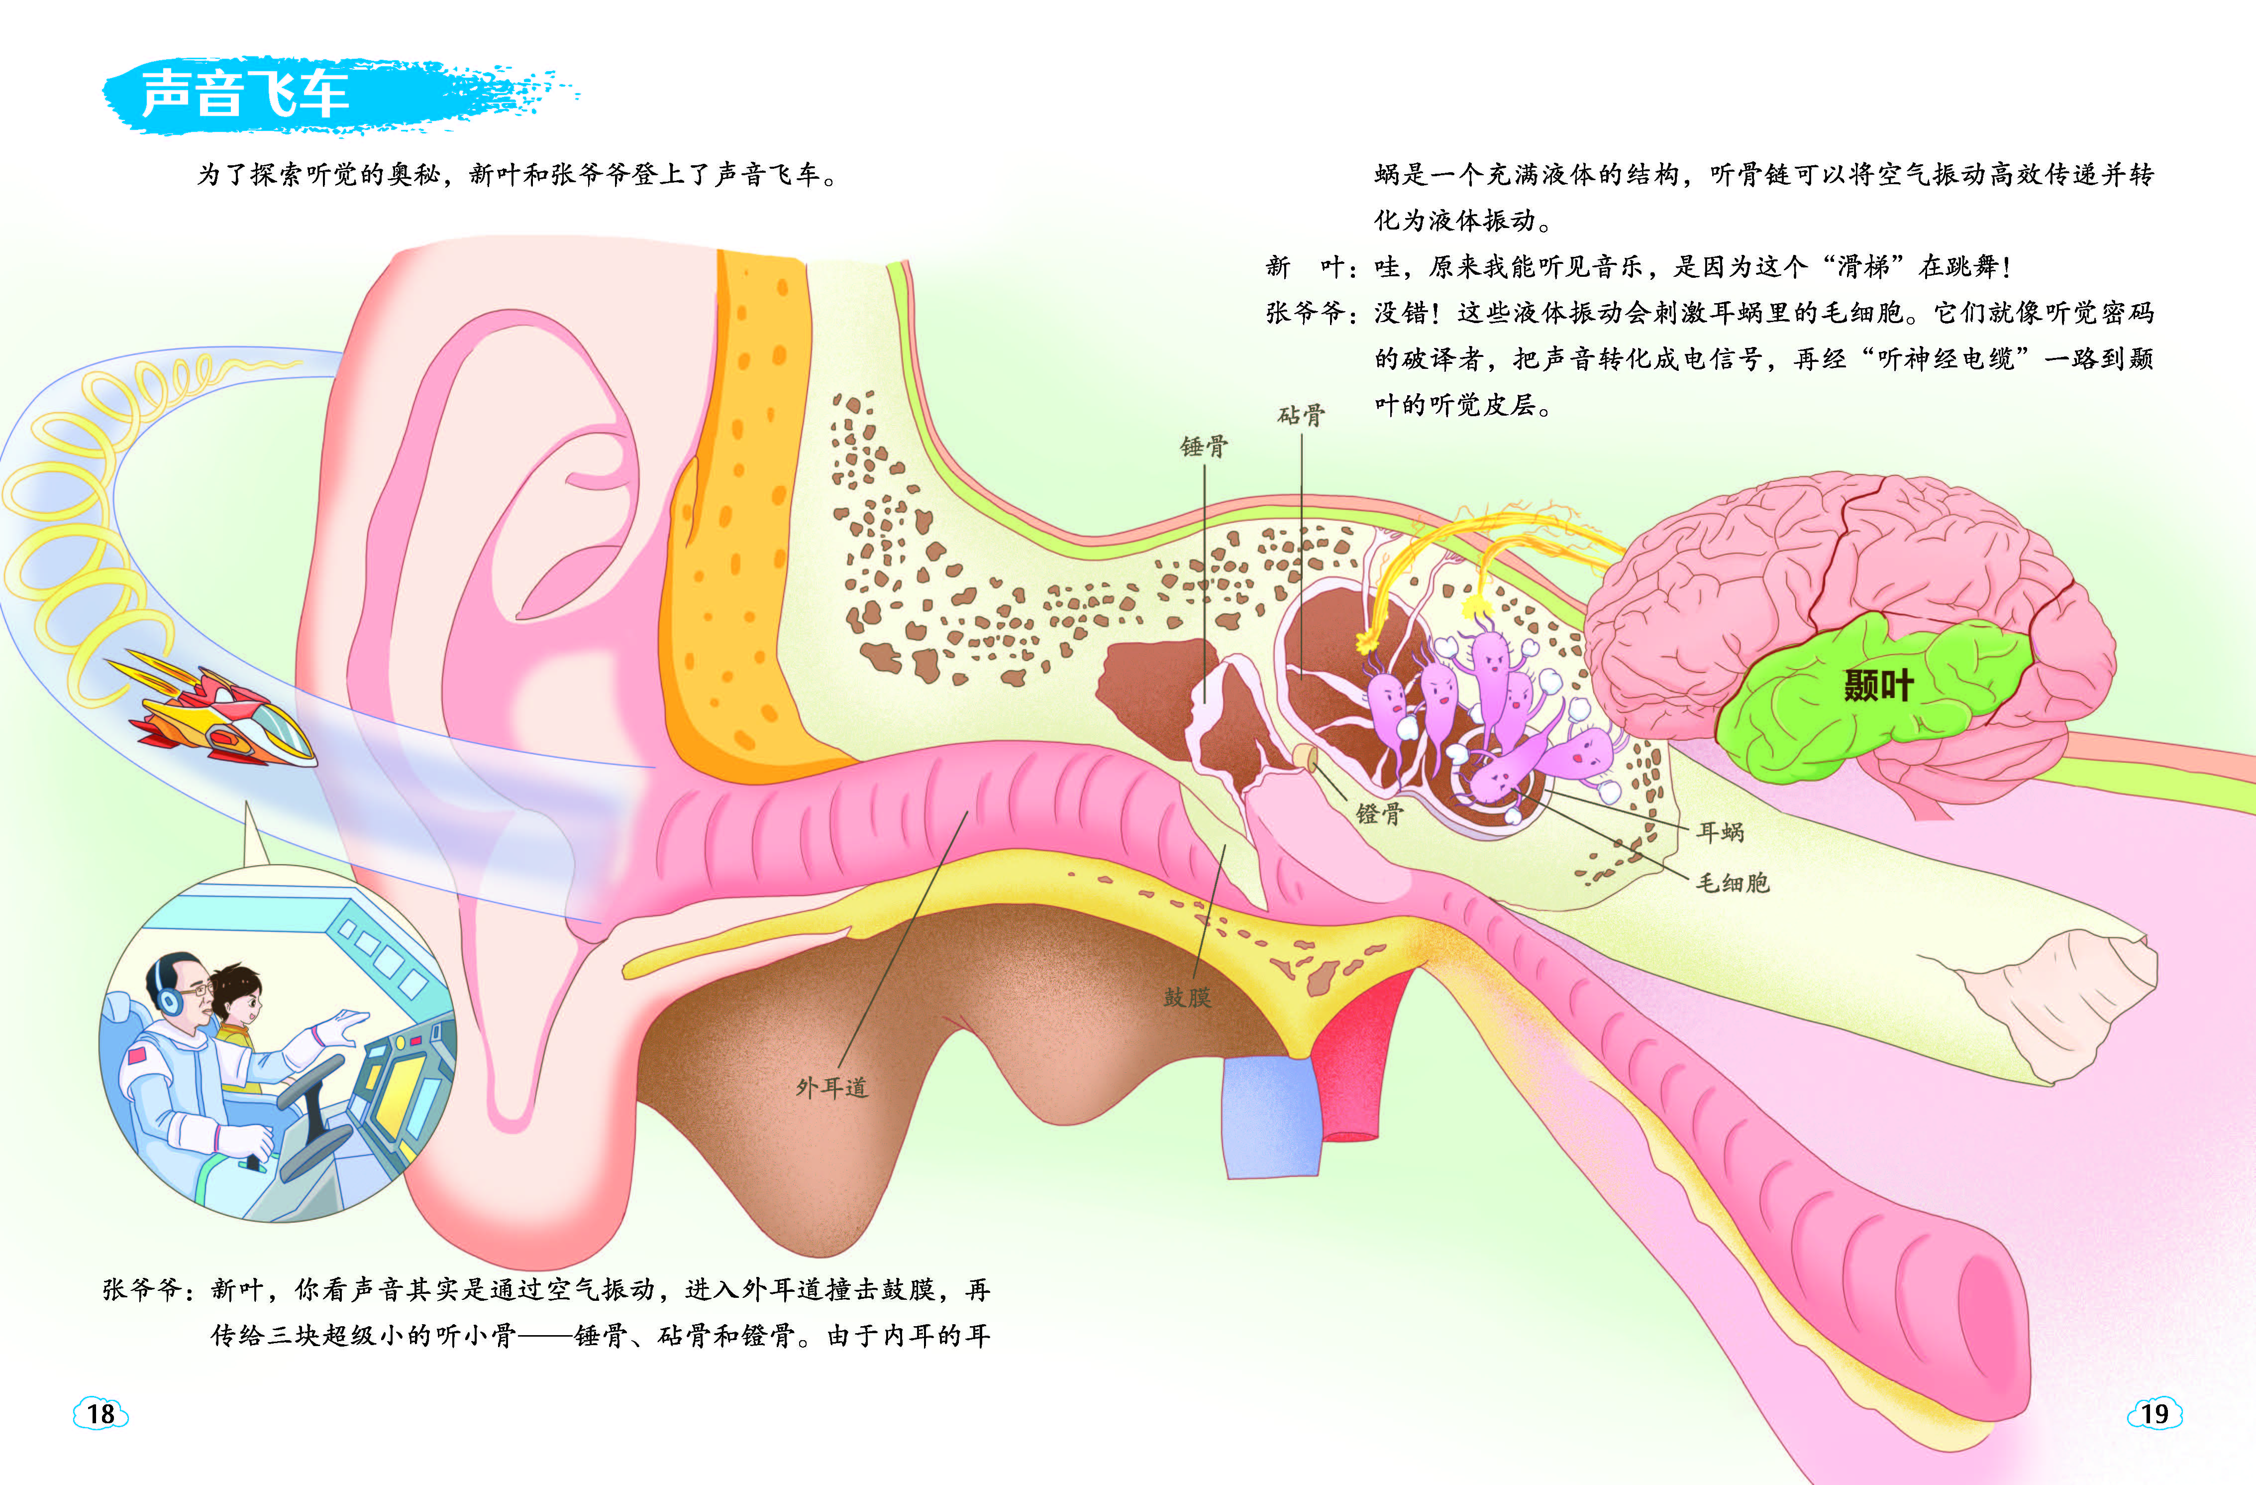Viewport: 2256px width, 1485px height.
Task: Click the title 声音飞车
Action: click(245, 94)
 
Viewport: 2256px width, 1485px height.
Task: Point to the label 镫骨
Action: click(1379, 812)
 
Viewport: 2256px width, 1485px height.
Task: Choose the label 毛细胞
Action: click(1732, 883)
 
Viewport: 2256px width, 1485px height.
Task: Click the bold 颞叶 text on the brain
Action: click(1879, 685)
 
